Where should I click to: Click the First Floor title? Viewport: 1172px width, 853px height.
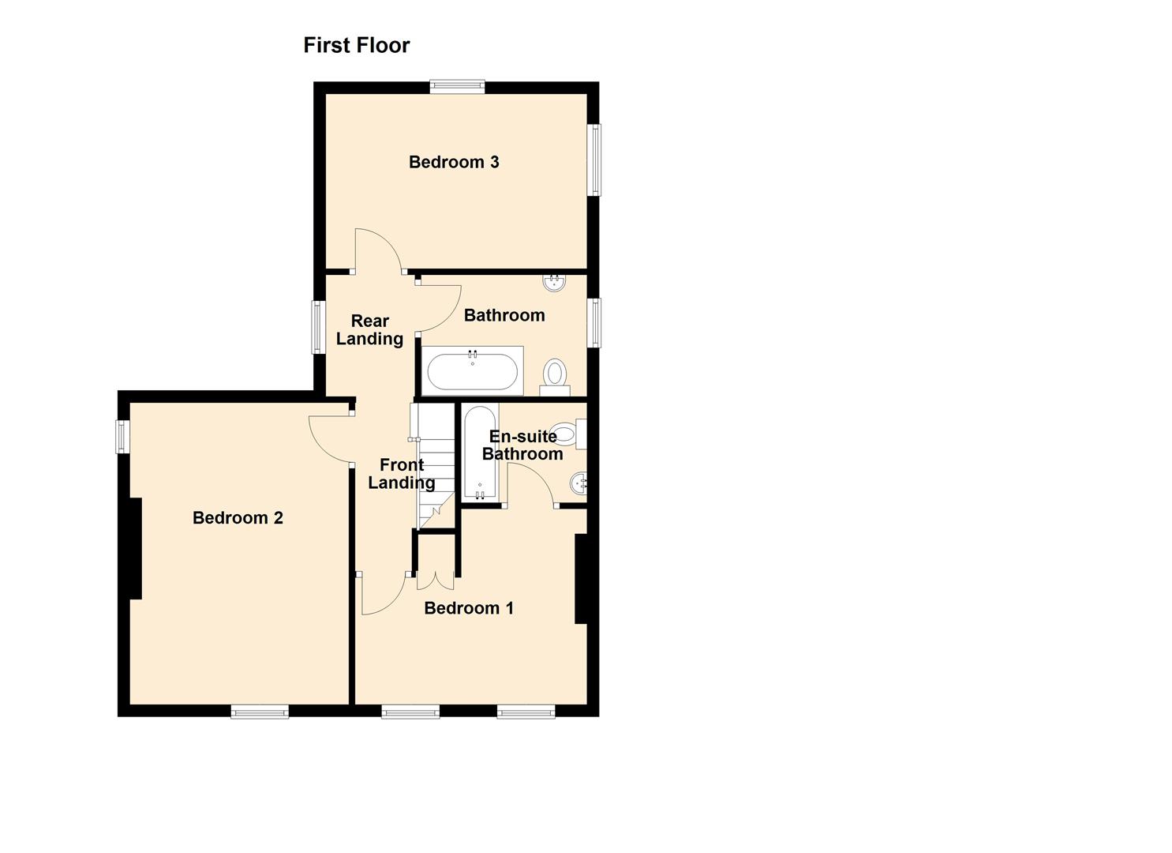(357, 45)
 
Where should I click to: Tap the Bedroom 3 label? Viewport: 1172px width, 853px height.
(454, 162)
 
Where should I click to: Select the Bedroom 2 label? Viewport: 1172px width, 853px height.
(238, 518)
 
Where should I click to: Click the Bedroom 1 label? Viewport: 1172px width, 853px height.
(469, 608)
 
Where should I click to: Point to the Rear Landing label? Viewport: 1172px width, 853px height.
(369, 330)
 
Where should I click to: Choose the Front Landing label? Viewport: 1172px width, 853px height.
(402, 474)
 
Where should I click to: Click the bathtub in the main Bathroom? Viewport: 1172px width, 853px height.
(473, 370)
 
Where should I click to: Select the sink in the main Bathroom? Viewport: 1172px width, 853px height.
(556, 281)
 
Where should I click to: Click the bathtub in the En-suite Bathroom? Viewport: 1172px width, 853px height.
(480, 453)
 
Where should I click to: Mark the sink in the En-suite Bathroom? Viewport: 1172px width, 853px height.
(579, 482)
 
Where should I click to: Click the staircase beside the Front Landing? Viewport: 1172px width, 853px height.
(434, 466)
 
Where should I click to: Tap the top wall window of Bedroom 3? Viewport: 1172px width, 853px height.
(457, 87)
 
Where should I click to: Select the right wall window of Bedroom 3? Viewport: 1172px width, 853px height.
(594, 160)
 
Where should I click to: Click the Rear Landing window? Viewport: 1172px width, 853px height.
(319, 327)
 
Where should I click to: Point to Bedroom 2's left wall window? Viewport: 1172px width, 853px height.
(123, 436)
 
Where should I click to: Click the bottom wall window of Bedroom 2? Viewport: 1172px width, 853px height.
(260, 712)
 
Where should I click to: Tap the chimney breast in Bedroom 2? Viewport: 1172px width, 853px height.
(135, 548)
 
